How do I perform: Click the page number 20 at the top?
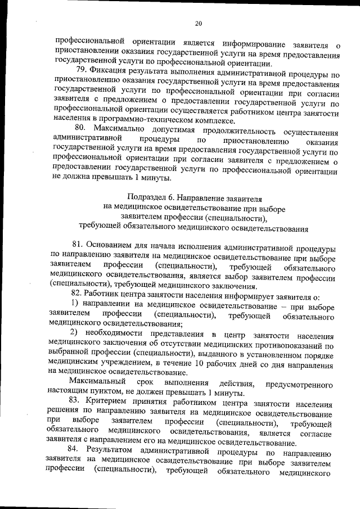(x=198, y=23)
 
